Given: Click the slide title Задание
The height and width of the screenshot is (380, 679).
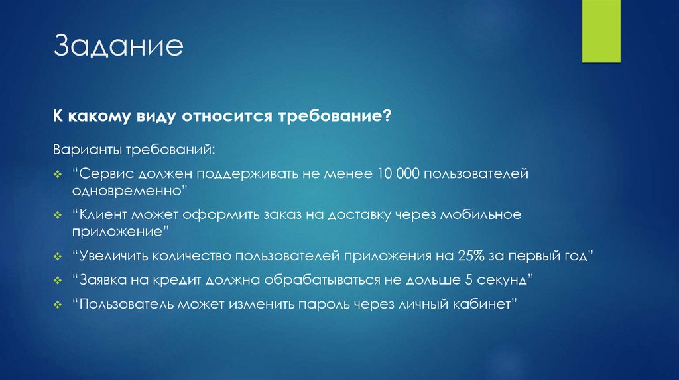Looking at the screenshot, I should click(x=119, y=48).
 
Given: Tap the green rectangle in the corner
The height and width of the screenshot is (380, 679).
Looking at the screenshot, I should click(x=601, y=31).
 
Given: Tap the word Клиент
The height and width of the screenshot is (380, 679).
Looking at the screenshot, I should click(x=105, y=216).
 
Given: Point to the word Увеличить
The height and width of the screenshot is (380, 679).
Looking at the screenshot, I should click(x=113, y=256).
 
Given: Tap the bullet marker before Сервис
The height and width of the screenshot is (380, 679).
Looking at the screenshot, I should click(x=58, y=175).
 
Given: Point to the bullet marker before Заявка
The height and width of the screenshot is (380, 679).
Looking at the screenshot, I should click(x=58, y=280).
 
